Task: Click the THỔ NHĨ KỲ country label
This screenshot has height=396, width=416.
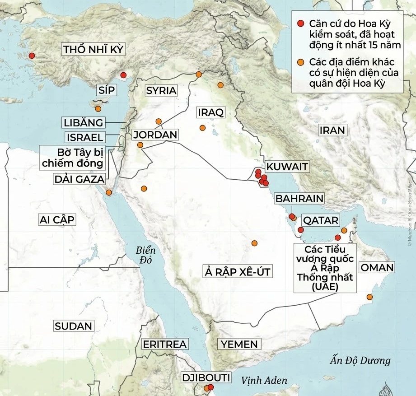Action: [x=93, y=50]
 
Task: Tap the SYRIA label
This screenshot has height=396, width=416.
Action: [x=161, y=90]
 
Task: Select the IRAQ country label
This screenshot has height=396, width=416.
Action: [x=210, y=112]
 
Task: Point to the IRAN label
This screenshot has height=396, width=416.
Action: [x=332, y=130]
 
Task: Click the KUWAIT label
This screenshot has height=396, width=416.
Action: [x=287, y=167]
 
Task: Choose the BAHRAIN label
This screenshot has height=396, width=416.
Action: [x=299, y=198]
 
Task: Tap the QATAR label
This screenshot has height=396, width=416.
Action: [x=321, y=220]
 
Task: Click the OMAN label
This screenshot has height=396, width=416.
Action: [x=377, y=267]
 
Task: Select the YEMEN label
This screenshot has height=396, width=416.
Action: [x=239, y=344]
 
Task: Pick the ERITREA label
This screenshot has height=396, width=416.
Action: [x=164, y=344]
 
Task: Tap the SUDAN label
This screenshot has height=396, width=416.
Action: [x=73, y=326]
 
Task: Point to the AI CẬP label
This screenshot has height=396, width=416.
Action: [x=57, y=220]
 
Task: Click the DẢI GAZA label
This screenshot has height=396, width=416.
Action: [x=79, y=179]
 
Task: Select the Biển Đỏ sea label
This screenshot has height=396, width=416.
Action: [x=146, y=256]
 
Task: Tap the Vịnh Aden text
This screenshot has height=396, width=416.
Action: [x=264, y=381]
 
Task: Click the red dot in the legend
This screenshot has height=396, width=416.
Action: [x=301, y=24]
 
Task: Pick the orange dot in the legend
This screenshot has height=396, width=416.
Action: [x=301, y=62]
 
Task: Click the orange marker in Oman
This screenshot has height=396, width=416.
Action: [x=370, y=297]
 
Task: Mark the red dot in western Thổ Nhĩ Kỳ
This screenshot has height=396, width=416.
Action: [x=31, y=56]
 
